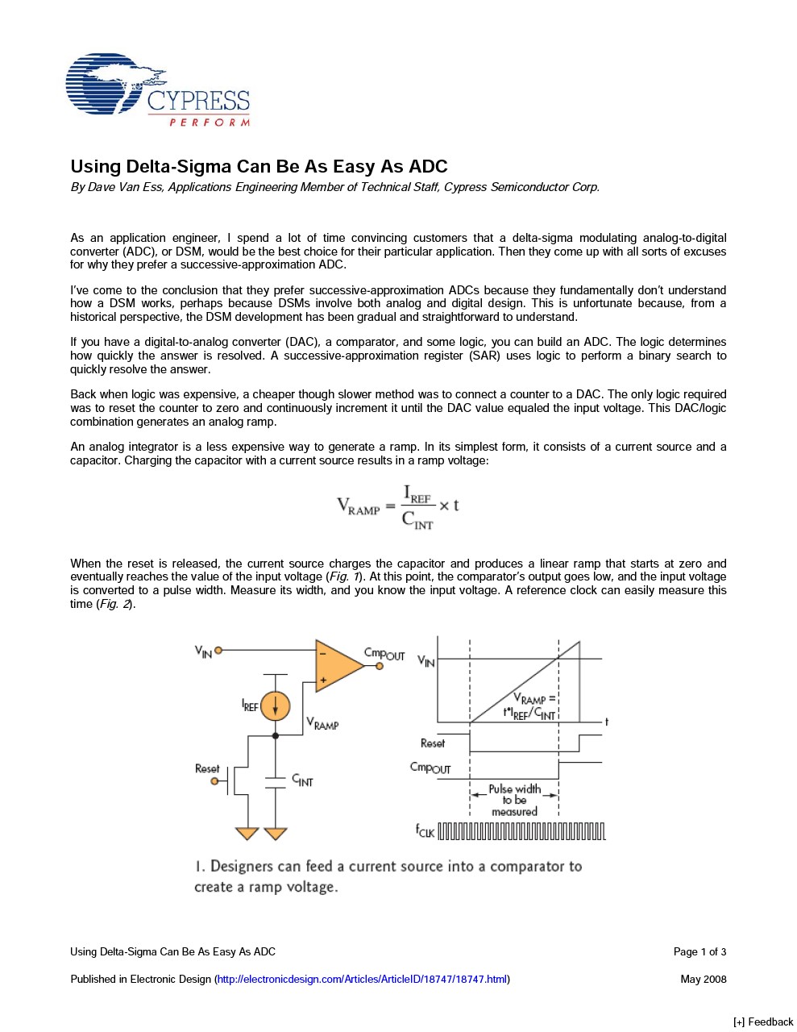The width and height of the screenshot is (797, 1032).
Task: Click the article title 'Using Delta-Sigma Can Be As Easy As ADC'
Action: click(x=259, y=167)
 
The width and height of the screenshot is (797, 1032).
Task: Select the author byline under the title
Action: click(x=334, y=187)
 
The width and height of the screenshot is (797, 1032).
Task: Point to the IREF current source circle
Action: click(x=275, y=706)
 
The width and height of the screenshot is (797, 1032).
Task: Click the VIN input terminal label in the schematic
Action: click(x=203, y=651)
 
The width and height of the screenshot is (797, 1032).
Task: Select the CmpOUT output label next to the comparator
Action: click(x=384, y=654)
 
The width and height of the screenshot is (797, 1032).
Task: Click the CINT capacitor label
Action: click(x=302, y=780)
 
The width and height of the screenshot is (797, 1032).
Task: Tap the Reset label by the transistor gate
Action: click(x=207, y=768)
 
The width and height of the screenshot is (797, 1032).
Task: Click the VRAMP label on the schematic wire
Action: click(x=322, y=724)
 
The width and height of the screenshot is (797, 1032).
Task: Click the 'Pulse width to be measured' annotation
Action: click(x=514, y=800)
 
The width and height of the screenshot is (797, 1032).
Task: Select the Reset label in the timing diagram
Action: click(x=433, y=743)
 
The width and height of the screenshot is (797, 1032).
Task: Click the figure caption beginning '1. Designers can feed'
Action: click(x=388, y=876)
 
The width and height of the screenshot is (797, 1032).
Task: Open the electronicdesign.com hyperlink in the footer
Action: click(x=362, y=979)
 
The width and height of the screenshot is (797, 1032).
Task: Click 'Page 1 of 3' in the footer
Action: click(x=699, y=951)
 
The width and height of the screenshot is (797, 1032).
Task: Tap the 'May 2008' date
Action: click(x=703, y=979)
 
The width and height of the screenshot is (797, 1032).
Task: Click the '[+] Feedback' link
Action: click(x=762, y=1022)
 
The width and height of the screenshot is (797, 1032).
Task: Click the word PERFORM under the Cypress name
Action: click(x=210, y=123)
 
